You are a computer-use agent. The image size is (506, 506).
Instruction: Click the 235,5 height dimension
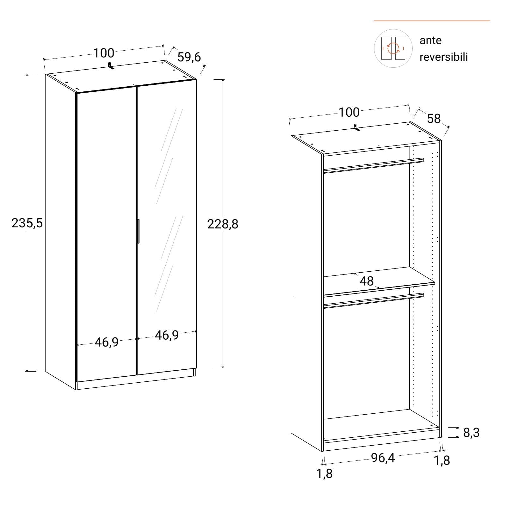(x=27, y=223)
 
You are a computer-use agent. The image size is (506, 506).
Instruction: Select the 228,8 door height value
(x=223, y=224)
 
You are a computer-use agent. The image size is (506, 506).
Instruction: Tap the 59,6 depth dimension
(x=189, y=57)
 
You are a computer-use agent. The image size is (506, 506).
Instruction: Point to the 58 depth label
(x=434, y=119)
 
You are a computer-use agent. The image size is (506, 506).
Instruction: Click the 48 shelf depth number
(x=367, y=281)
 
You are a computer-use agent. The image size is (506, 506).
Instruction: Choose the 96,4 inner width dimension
(x=383, y=458)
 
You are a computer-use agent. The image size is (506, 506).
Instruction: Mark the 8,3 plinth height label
(x=471, y=433)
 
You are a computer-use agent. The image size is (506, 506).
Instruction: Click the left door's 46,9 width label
(x=107, y=342)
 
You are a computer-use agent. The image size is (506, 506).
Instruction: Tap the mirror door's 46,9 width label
(x=167, y=335)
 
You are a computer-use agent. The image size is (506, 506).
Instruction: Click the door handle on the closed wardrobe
(x=138, y=231)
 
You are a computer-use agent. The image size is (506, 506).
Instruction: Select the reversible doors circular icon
(x=393, y=48)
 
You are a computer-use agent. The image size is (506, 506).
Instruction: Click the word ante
(x=430, y=40)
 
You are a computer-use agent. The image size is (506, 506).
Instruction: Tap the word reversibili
(x=444, y=57)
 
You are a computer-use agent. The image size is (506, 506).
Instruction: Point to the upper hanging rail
(x=373, y=165)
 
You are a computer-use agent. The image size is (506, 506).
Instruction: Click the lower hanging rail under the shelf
(x=373, y=300)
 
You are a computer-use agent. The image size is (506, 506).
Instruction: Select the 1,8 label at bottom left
(x=325, y=473)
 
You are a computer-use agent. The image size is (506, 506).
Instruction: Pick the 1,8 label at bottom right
(x=442, y=460)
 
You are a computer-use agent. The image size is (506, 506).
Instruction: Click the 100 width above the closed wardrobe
(x=103, y=53)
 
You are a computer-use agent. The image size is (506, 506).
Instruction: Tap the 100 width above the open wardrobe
(x=349, y=112)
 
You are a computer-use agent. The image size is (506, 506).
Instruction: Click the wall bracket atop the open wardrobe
(x=356, y=127)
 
